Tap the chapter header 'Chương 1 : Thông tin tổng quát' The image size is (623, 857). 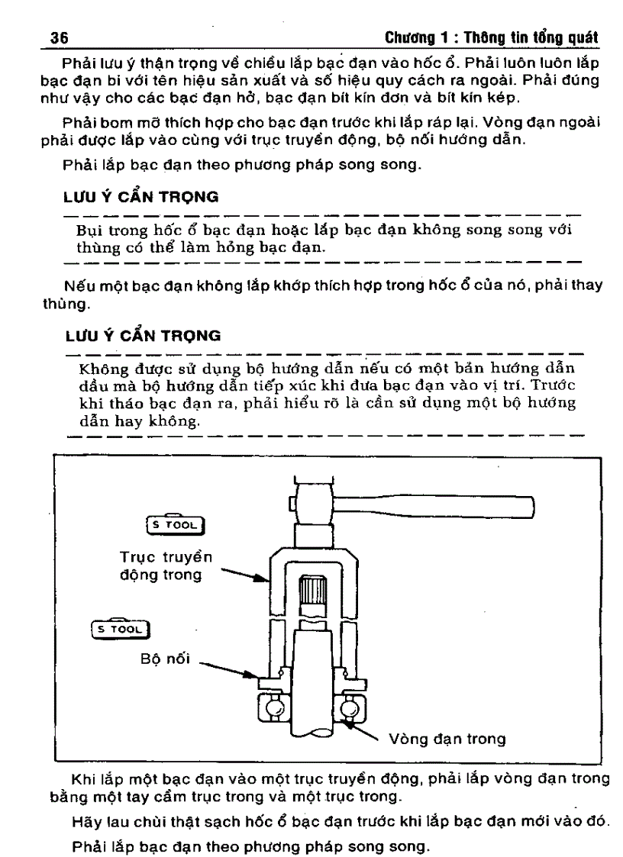click(490, 37)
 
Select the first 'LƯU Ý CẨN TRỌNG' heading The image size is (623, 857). click(140, 197)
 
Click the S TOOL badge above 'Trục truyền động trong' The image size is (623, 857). click(176, 524)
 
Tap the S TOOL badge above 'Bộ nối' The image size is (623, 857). click(121, 629)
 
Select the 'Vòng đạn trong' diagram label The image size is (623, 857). click(447, 739)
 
